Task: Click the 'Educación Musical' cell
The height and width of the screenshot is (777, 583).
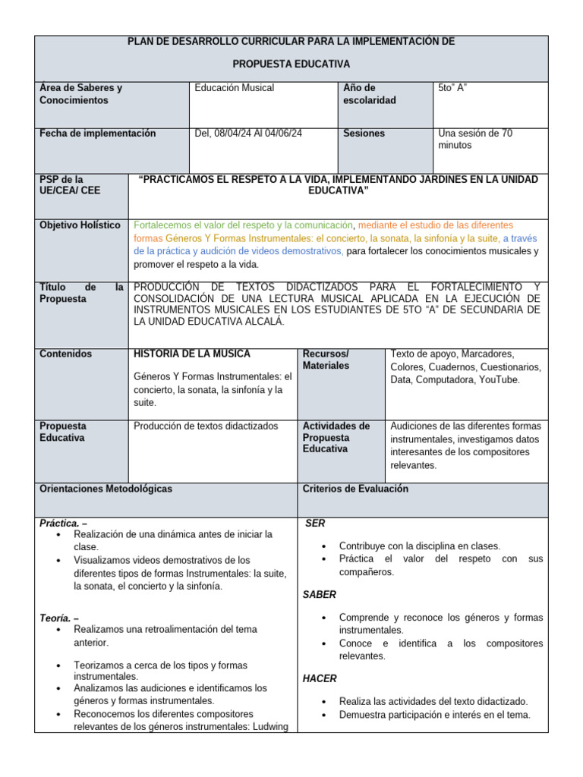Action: (235, 88)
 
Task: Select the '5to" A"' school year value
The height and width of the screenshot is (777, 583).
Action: (452, 88)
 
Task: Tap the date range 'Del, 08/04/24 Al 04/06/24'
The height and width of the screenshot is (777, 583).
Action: (248, 134)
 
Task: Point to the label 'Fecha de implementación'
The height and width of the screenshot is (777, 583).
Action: (97, 134)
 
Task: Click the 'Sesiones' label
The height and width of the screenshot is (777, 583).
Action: (364, 134)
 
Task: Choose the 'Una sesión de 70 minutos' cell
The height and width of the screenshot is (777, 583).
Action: (474, 139)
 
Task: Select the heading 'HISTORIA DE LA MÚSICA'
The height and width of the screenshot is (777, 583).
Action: (191, 354)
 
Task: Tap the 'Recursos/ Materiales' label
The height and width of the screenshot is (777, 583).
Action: (326, 360)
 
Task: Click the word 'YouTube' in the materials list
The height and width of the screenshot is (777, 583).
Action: (499, 379)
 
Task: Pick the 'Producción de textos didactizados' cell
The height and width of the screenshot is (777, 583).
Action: (206, 426)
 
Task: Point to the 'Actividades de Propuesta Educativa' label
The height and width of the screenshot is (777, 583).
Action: (336, 437)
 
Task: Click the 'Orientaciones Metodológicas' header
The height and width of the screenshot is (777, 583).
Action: (106, 489)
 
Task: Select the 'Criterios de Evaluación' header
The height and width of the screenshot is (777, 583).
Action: (355, 489)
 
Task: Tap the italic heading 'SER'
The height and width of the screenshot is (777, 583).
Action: (315, 524)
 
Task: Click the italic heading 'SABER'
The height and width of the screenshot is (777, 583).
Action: (320, 594)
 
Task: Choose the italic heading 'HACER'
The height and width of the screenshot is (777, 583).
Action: (320, 678)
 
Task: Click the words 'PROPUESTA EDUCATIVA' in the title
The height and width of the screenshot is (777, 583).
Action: (291, 64)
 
